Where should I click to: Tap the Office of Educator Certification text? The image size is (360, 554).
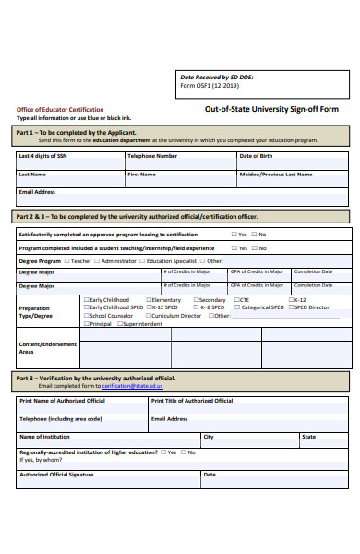[60, 109]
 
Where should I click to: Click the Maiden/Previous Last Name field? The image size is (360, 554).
[293, 178]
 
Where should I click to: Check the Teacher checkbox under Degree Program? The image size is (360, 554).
[67, 261]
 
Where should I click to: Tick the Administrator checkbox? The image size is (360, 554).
[98, 261]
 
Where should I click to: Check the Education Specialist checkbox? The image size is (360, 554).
[143, 261]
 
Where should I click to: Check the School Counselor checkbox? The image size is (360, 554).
[86, 316]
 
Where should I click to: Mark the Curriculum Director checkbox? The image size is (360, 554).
[149, 316]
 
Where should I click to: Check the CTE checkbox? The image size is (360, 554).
[236, 300]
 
